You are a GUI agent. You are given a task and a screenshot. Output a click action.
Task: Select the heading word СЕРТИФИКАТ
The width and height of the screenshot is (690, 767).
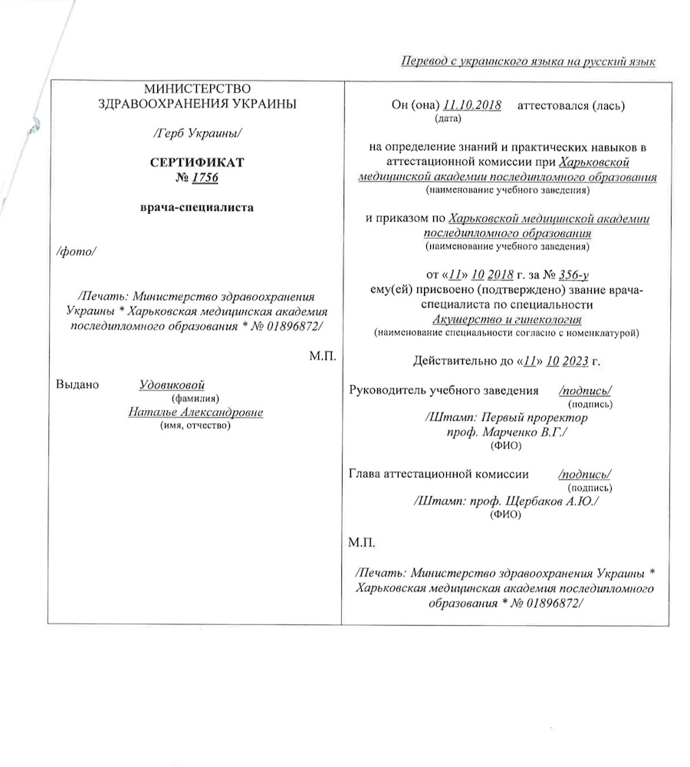[197, 163]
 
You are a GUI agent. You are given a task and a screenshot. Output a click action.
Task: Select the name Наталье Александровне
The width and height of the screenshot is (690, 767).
[195, 412]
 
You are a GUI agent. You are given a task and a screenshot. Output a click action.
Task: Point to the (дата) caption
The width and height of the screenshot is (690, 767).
[446, 119]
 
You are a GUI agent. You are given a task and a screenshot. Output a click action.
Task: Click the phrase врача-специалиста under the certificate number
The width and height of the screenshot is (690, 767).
[197, 208]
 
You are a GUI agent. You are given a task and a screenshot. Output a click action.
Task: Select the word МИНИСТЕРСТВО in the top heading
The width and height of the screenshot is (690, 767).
[197, 91]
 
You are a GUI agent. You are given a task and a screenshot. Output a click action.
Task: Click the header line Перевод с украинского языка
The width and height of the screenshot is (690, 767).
[529, 61]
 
